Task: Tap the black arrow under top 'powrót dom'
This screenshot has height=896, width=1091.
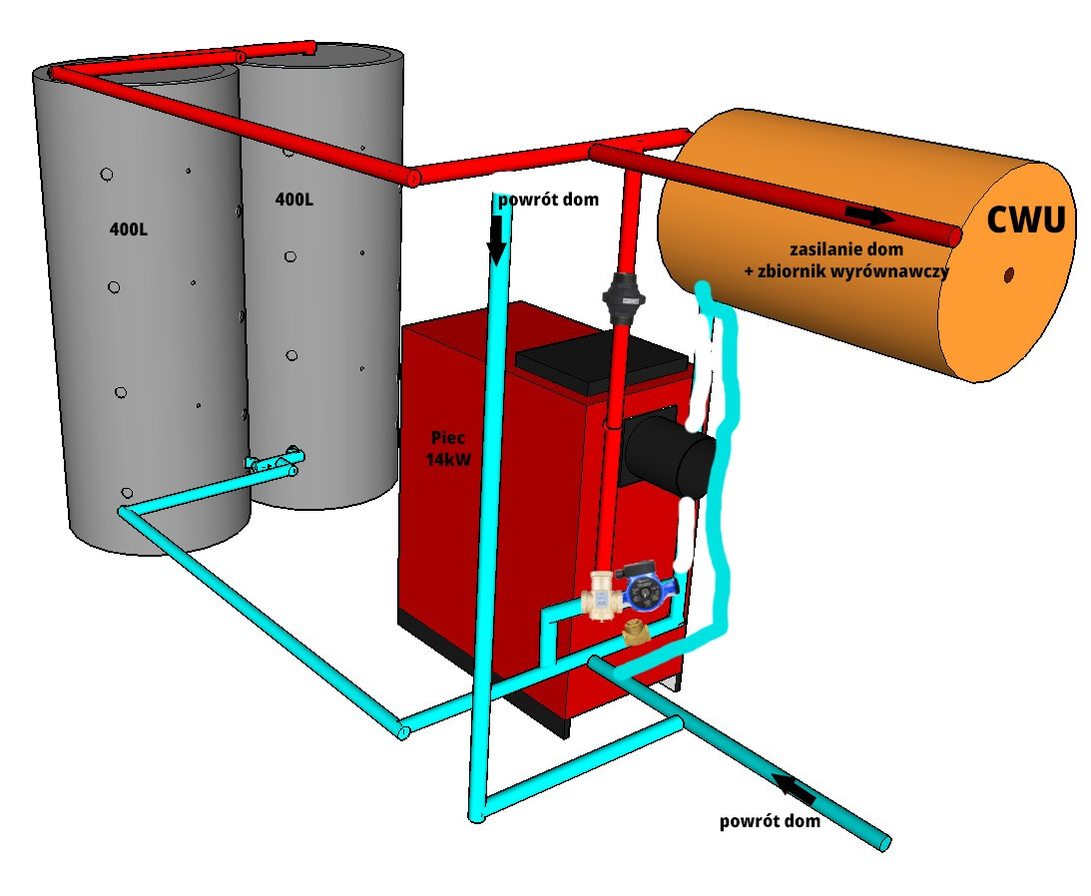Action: click(496, 241)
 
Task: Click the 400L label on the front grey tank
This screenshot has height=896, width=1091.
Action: click(129, 229)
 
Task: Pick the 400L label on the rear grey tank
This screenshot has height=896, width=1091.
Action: click(293, 200)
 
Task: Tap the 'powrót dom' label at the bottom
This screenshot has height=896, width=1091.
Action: click(770, 821)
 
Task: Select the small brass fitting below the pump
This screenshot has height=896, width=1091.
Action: click(634, 633)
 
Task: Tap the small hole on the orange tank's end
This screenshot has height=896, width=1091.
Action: click(1009, 273)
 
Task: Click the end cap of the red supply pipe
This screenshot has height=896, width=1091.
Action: click(953, 236)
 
